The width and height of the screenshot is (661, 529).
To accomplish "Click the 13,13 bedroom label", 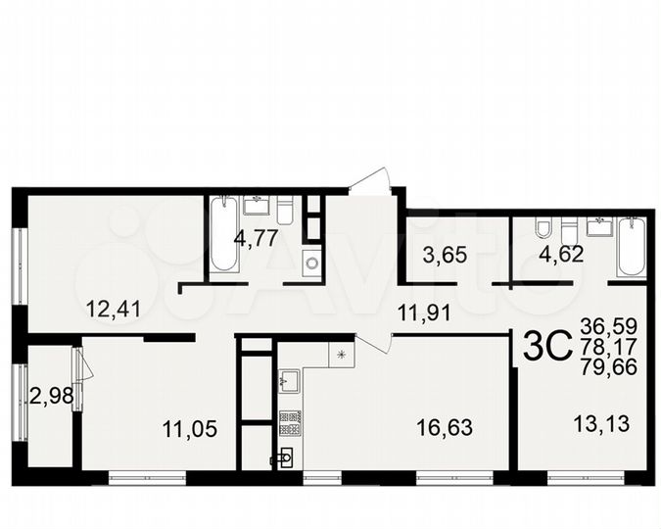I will tap(597, 424).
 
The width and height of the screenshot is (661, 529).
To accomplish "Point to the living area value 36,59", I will tap(605, 325).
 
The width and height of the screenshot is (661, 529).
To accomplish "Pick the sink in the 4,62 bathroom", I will tap(598, 227).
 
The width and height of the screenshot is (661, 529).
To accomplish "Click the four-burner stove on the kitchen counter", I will tap(290, 422).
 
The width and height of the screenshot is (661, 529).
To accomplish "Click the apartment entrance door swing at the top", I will tap(372, 182).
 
